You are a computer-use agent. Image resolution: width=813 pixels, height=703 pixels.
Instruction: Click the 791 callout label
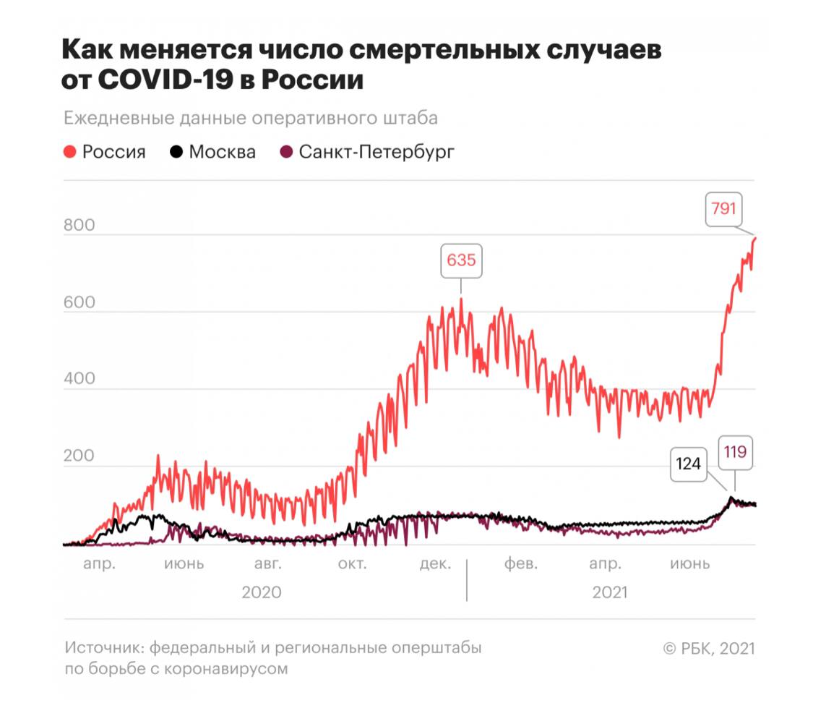(723, 210)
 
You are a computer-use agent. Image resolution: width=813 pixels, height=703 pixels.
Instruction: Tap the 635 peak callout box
(461, 260)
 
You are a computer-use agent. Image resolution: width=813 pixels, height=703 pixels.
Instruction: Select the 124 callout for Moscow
(688, 464)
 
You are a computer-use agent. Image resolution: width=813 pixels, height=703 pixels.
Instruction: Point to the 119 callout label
(735, 453)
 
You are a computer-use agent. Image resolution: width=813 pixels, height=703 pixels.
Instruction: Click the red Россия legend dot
(71, 153)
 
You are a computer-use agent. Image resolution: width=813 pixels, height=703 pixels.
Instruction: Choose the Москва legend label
(222, 153)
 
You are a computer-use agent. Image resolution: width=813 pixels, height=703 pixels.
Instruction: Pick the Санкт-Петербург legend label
(377, 153)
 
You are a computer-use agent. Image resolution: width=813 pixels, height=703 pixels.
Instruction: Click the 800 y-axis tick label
(79, 226)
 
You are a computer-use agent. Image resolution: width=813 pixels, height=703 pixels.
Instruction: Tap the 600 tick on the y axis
(79, 303)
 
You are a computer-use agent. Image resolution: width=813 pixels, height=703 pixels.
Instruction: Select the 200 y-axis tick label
(79, 457)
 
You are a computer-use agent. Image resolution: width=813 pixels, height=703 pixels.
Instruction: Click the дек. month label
(435, 564)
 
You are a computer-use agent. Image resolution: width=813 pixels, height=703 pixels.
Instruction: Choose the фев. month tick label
(520, 564)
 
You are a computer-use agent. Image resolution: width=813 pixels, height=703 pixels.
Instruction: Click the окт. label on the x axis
(353, 564)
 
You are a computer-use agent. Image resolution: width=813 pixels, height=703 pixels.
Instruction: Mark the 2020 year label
(261, 592)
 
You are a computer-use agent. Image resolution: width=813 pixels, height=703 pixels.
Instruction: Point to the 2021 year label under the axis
(610, 592)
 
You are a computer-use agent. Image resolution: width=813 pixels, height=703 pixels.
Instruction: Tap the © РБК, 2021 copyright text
(708, 649)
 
